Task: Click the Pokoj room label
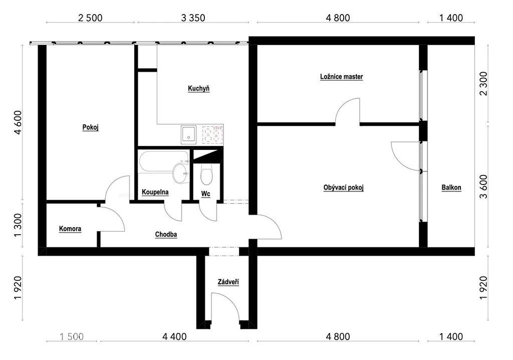point(91,127)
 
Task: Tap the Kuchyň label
point(198,88)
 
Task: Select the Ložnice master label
point(342,77)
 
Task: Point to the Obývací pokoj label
point(344,188)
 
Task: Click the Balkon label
point(451,188)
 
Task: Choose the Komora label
point(70,229)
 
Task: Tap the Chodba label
point(166,235)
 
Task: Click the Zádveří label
point(228,282)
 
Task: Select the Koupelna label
point(155,192)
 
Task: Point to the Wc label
point(205,194)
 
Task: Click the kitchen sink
point(189,135)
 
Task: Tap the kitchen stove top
point(212,135)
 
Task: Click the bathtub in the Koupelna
point(164,162)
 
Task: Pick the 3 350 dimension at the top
point(193,18)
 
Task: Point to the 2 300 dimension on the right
point(483,84)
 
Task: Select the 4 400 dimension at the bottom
point(174,336)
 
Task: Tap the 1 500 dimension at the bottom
point(72,336)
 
